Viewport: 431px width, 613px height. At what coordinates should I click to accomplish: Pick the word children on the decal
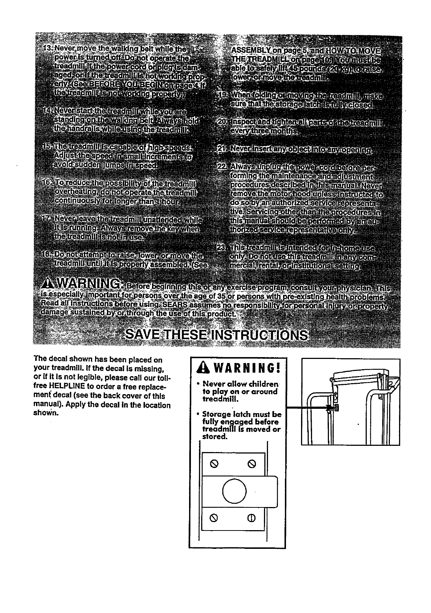pos(264,384)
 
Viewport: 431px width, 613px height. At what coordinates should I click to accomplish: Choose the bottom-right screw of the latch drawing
pos(251,518)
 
